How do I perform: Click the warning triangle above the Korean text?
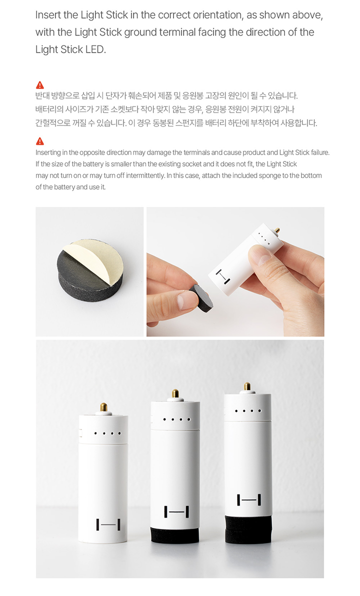pyautogui.click(x=40, y=85)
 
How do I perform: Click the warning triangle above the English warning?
pyautogui.click(x=40, y=141)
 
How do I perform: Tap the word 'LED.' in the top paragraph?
pyautogui.click(x=96, y=49)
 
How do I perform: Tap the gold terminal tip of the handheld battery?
pyautogui.click(x=277, y=230)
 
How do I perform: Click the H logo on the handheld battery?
pyautogui.click(x=223, y=276)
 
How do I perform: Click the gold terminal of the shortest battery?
pyautogui.click(x=103, y=407)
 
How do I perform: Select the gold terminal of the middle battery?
pyautogui.click(x=175, y=393)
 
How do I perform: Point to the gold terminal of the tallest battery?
pyautogui.click(x=247, y=387)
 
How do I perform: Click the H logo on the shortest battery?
pyautogui.click(x=108, y=524)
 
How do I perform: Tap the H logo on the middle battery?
pyautogui.click(x=176, y=511)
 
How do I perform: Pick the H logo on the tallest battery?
pyautogui.click(x=249, y=499)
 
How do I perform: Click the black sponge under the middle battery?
pyautogui.click(x=175, y=535)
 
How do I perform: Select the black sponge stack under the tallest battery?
pyautogui.click(x=248, y=529)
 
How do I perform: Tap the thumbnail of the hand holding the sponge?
pyautogui.click(x=235, y=272)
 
